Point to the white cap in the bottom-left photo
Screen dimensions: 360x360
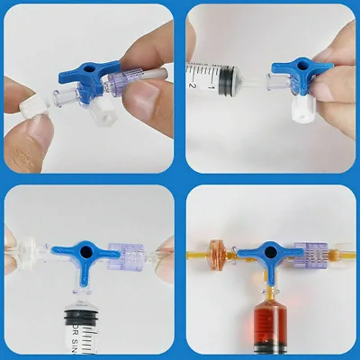pyautogui.click(x=32, y=253)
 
